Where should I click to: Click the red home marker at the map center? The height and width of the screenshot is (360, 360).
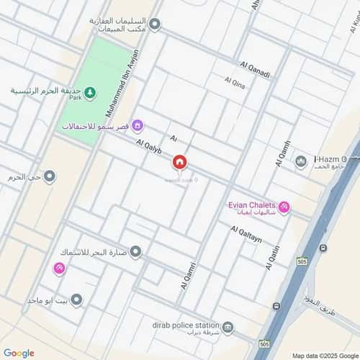click(x=180, y=163)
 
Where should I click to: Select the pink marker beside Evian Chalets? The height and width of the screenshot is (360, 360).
click(x=284, y=207)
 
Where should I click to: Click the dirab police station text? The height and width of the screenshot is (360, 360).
click(x=181, y=326)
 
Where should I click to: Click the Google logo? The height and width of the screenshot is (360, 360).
click(x=19, y=353)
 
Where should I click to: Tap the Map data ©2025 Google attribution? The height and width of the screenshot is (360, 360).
click(x=324, y=355)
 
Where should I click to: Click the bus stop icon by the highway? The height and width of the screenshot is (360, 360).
click(x=323, y=248)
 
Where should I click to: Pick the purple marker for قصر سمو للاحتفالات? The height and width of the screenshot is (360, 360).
click(x=138, y=127)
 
